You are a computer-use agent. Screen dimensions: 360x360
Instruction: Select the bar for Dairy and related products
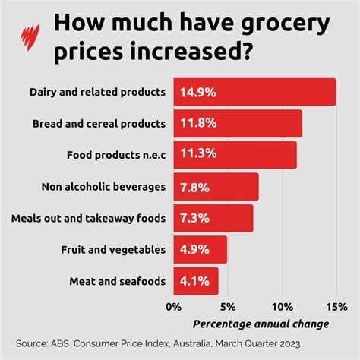point(254,92)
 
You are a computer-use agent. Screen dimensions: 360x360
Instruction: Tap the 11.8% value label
point(197,123)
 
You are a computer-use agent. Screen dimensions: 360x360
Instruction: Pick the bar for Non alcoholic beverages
point(216,186)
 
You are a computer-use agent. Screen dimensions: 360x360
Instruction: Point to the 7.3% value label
point(194,218)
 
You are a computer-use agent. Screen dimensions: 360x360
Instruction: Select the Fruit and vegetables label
point(112,249)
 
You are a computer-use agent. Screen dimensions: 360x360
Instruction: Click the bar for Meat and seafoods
point(196,281)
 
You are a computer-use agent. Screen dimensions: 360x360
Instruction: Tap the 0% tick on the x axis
point(174,307)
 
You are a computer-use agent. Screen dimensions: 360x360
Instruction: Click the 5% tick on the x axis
point(227,307)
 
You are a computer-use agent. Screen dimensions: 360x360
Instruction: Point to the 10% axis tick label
point(282,307)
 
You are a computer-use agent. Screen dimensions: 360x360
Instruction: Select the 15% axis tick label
point(336,307)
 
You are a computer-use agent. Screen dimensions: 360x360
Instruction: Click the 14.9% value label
point(197,92)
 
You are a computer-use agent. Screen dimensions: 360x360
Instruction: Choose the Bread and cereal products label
point(99,123)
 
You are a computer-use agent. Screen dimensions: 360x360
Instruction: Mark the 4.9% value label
point(194,249)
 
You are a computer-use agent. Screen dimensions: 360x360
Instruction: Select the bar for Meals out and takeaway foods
point(213,218)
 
